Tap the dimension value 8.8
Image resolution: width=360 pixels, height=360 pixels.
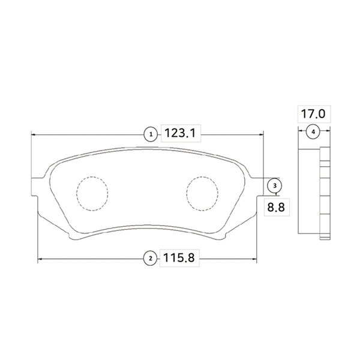click(274, 207)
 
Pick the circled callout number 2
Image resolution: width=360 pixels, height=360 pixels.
click(150, 259)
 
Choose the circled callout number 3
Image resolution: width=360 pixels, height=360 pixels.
click(274, 186)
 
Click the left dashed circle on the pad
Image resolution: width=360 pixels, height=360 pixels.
click(92, 193)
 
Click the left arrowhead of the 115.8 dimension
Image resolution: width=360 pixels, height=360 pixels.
click(40, 259)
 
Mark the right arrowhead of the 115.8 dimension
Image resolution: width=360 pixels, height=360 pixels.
click(255, 259)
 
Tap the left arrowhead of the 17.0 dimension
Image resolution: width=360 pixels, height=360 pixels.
click(301, 131)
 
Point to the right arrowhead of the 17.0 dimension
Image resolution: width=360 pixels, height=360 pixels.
click(328, 131)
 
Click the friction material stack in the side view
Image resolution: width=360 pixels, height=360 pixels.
click(324, 192)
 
